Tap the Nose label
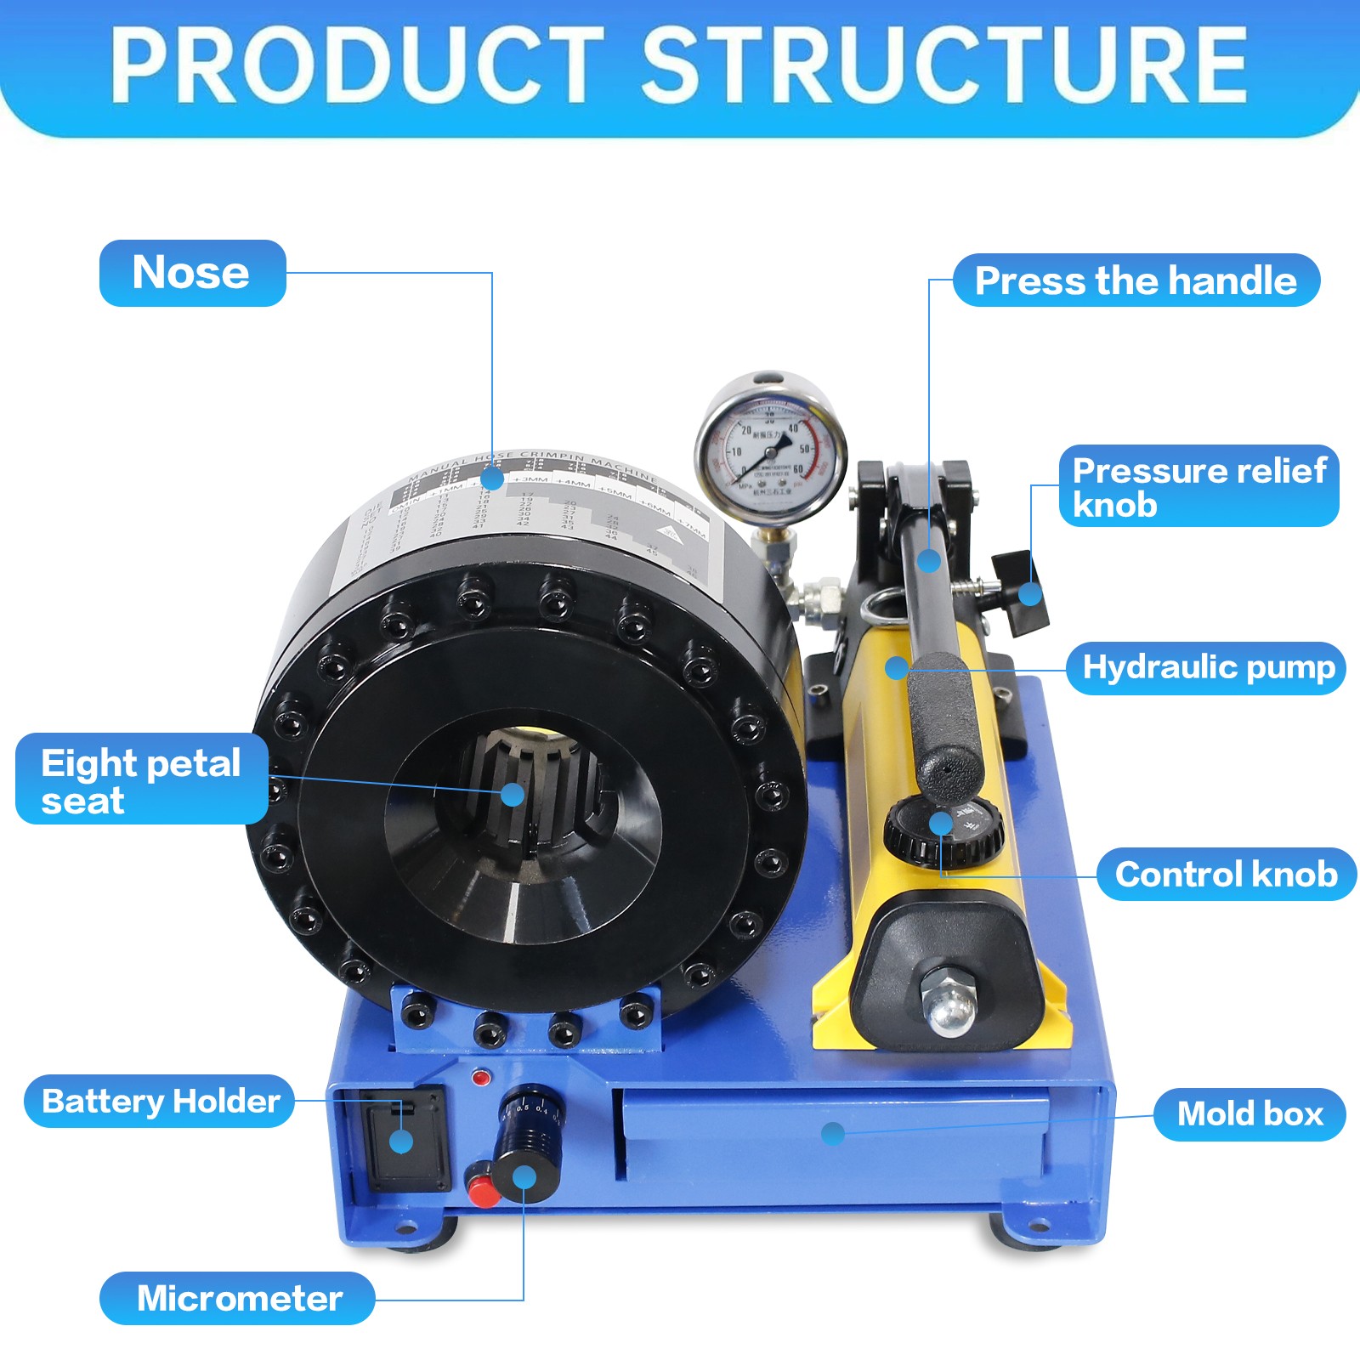[192, 273]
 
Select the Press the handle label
[1136, 280]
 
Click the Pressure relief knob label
[1198, 486]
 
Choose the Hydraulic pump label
[1207, 668]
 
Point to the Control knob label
[1226, 874]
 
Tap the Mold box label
[1249, 1113]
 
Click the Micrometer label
[238, 1298]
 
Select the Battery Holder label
[160, 1101]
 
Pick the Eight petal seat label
[141, 779]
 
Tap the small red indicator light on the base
[481, 1078]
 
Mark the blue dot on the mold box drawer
[833, 1133]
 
